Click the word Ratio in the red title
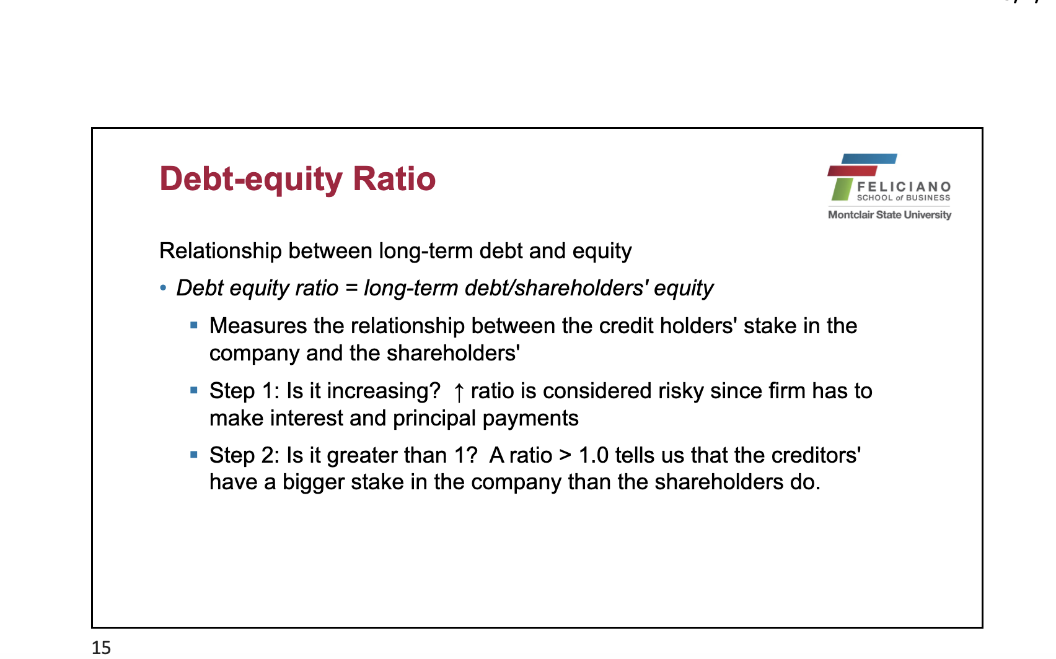[394, 179]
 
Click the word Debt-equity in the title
[251, 180]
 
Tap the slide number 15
[102, 648]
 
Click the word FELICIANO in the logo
[904, 187]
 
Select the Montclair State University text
[889, 215]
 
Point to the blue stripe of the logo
[869, 159]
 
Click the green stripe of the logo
[842, 189]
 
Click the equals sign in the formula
[351, 288]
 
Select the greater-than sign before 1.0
[565, 456]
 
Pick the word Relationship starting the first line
[220, 251]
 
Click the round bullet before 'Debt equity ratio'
[163, 287]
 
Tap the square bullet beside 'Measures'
[194, 325]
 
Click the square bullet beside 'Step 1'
[194, 390]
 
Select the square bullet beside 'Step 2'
[194, 455]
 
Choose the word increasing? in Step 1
[384, 392]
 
